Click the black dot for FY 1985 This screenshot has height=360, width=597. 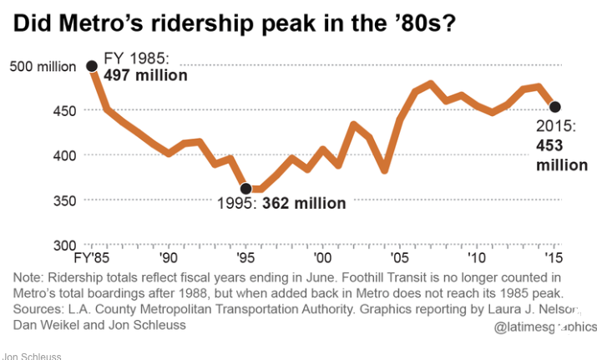tap(91, 65)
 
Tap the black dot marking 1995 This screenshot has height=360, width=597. tap(245, 189)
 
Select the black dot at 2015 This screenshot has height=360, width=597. tap(554, 106)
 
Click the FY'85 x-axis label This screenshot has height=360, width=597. tap(91, 257)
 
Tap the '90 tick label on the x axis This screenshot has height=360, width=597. tap(167, 257)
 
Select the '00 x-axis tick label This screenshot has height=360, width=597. tap(321, 257)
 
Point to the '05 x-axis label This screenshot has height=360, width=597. tap(398, 257)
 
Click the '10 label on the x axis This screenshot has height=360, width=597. tap(476, 257)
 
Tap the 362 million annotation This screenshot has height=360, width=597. tap(304, 203)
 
